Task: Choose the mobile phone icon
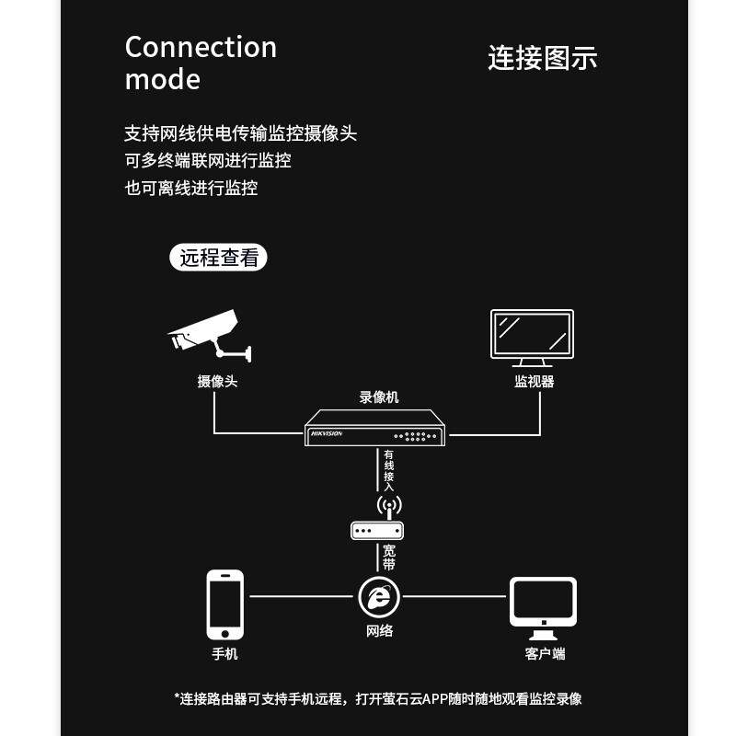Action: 225,604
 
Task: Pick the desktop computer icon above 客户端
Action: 543,608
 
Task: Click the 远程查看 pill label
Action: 219,258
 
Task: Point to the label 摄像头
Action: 217,381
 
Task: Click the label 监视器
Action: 534,381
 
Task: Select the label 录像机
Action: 379,397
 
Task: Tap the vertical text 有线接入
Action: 389,470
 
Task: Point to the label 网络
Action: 380,631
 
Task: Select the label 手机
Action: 225,654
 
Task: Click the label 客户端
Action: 545,654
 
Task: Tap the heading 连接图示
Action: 542,57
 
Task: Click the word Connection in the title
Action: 201,47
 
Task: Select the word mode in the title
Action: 162,79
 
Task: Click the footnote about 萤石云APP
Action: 378,699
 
